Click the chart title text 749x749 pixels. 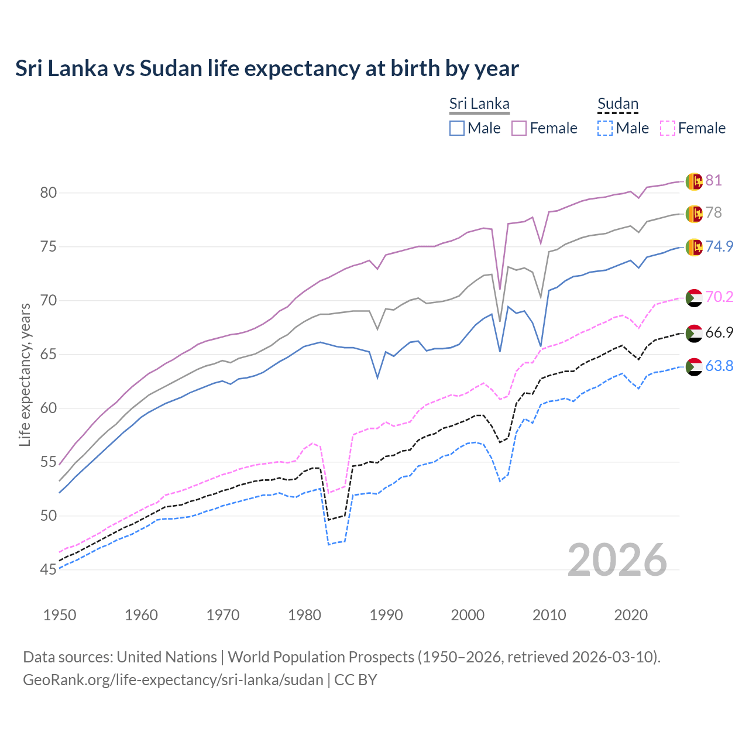coord(267,68)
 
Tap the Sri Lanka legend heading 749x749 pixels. coord(479,104)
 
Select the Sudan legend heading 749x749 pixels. coord(617,104)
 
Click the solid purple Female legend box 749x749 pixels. coord(519,128)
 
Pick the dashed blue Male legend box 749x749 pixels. coord(605,128)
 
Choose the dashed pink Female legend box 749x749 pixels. coord(668,128)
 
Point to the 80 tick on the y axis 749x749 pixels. coord(49,193)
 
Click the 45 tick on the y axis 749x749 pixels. coord(49,569)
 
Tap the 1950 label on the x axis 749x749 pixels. coord(60,615)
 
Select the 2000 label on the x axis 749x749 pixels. coord(468,615)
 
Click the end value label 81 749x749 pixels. coord(713,180)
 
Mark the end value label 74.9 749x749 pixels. coord(719,246)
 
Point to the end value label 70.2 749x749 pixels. coord(719,297)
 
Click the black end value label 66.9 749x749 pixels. coord(719,332)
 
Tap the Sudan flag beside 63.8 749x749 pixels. coord(693,366)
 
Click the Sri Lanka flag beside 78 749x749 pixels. coord(694,214)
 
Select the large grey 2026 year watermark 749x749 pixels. coord(617,560)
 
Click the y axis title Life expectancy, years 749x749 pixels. coord(25,374)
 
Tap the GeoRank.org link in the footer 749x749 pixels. coord(173,680)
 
